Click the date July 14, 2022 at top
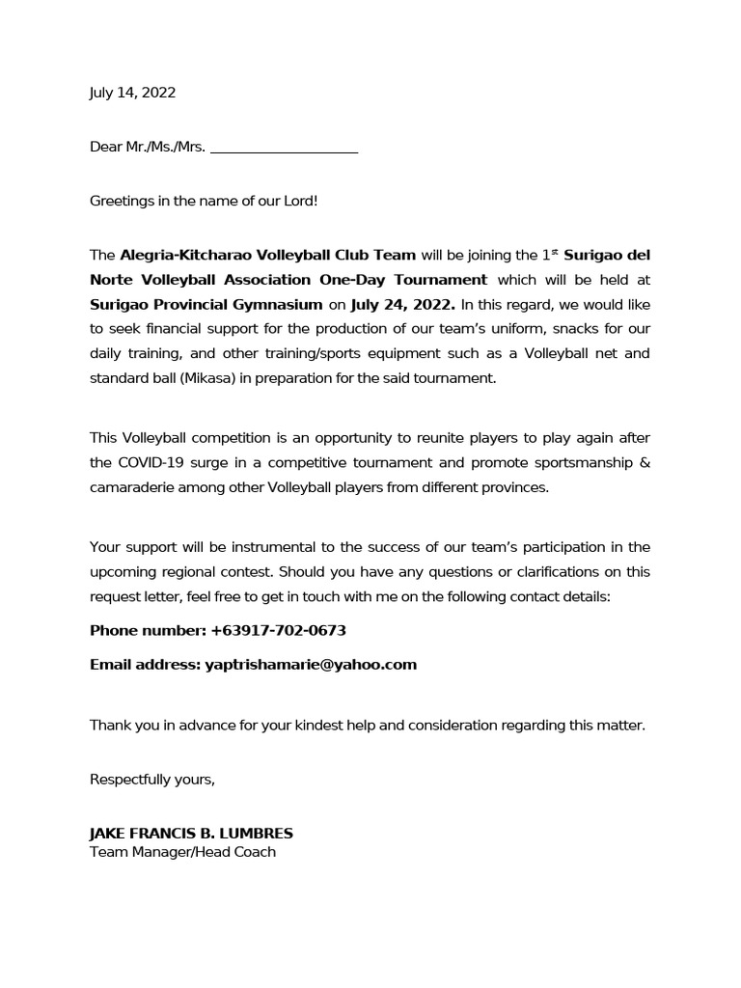click(132, 94)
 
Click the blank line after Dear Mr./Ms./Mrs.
click(284, 149)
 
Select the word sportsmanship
click(554, 462)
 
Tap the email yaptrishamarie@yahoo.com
click(311, 665)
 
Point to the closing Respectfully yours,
click(151, 780)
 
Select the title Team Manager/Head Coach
click(182, 852)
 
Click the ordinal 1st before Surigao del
click(550, 255)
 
